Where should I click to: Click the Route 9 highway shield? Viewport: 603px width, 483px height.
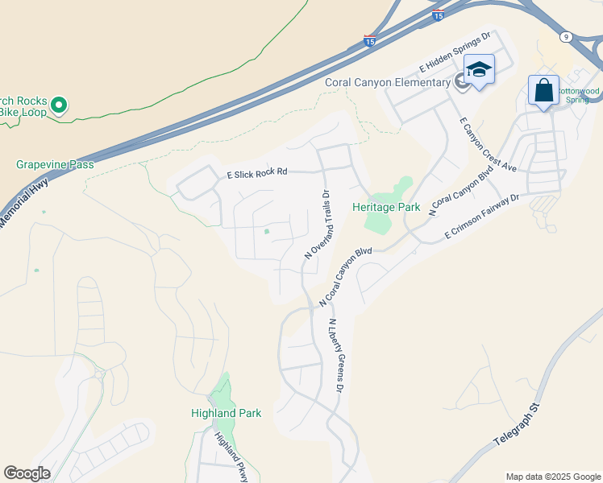[567, 37]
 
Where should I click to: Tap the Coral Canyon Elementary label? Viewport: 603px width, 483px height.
[387, 82]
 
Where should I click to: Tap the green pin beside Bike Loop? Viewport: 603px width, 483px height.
[58, 105]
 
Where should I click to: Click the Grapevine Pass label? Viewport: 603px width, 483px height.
[55, 165]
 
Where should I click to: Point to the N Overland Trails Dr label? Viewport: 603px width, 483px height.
[318, 224]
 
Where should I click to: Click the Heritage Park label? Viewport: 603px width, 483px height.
[386, 207]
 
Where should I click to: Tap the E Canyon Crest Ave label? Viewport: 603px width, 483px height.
[487, 145]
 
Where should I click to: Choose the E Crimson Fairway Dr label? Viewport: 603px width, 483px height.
[483, 217]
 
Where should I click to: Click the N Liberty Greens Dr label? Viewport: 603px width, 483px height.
[335, 354]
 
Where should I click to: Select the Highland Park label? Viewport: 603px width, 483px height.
[226, 413]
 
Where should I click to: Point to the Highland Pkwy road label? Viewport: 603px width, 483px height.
[231, 457]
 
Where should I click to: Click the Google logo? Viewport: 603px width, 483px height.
[27, 473]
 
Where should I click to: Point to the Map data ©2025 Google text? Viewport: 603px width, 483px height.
[553, 477]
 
